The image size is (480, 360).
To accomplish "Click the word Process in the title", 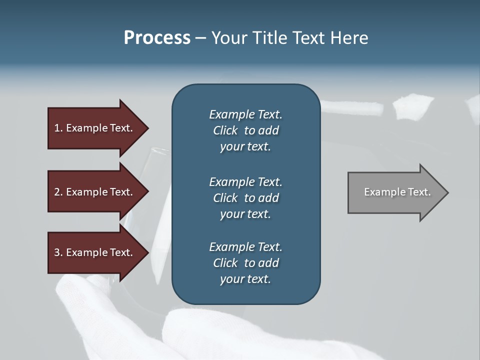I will (x=157, y=38).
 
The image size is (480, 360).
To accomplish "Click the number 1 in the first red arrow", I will (x=57, y=128).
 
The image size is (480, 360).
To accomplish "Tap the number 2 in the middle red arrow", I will (x=57, y=192).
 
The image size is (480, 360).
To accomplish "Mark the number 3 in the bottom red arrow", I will (x=57, y=253).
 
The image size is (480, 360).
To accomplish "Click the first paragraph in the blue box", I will (x=245, y=130).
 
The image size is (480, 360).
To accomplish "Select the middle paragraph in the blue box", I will (x=245, y=198).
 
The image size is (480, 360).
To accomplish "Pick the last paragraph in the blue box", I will (x=245, y=263).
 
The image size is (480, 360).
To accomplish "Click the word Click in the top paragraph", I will (x=225, y=130).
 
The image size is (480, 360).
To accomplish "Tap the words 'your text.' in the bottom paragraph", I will (x=245, y=279).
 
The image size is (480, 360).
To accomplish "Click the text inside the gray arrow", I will (x=397, y=192).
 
